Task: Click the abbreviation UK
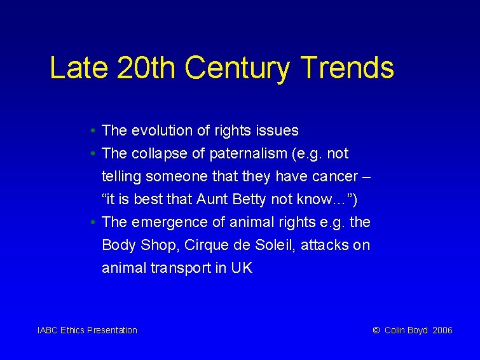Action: pyautogui.click(x=242, y=268)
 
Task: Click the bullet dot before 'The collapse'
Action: pyautogui.click(x=93, y=154)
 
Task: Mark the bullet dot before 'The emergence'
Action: pyautogui.click(x=93, y=223)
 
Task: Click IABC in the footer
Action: pyautogui.click(x=48, y=330)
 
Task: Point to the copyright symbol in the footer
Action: pyautogui.click(x=376, y=330)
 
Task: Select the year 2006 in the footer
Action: pyautogui.click(x=442, y=330)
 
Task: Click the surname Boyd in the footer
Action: pyautogui.click(x=418, y=330)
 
